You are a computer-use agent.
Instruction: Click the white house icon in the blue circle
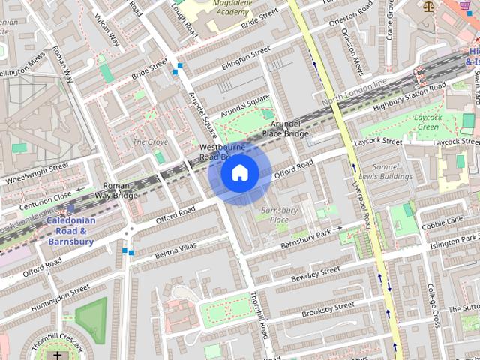(x=239, y=173)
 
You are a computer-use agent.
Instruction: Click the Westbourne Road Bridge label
(x=222, y=152)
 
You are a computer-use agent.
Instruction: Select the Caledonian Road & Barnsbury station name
(x=70, y=231)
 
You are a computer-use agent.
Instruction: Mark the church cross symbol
(x=58, y=355)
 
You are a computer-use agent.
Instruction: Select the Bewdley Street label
(x=314, y=274)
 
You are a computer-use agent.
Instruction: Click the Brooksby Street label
(x=328, y=308)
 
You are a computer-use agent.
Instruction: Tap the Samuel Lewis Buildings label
(x=382, y=172)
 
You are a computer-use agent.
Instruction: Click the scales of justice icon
(x=429, y=6)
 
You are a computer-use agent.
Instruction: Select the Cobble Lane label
(x=442, y=223)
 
